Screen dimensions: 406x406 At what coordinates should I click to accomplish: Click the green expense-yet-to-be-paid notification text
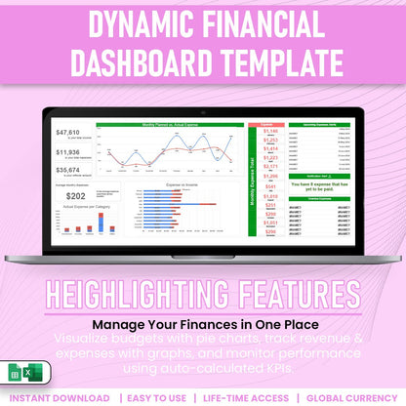tap(317, 184)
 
